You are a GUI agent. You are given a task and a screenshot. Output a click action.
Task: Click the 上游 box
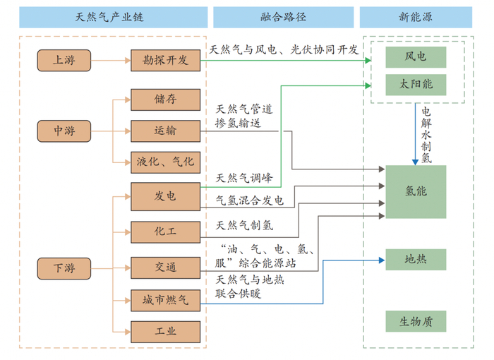click(64, 61)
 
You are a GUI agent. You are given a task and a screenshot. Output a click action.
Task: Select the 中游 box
click(64, 131)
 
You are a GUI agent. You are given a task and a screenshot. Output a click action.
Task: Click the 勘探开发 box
click(165, 61)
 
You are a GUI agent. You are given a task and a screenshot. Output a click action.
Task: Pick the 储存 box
click(165, 100)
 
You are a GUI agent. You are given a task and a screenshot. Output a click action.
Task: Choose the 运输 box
click(165, 131)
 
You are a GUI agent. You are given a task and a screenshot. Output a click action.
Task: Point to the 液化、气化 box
click(165, 162)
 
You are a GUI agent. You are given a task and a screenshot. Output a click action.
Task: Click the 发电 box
click(165, 196)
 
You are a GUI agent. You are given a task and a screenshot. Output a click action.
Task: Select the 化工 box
click(165, 231)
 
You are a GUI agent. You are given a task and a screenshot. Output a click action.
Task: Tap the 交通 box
click(165, 267)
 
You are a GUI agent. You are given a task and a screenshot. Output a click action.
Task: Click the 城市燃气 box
click(165, 301)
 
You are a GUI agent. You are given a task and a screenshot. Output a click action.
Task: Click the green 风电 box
click(416, 56)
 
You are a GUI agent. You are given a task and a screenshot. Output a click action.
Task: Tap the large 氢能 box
click(416, 191)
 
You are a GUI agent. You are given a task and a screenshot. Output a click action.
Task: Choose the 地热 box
click(416, 259)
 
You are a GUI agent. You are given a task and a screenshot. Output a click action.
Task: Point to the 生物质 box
click(416, 322)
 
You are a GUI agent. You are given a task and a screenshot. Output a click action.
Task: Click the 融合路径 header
click(284, 17)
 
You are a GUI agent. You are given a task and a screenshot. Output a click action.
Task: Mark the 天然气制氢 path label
click(245, 226)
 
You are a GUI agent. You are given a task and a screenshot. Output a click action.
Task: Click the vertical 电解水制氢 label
click(426, 135)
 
